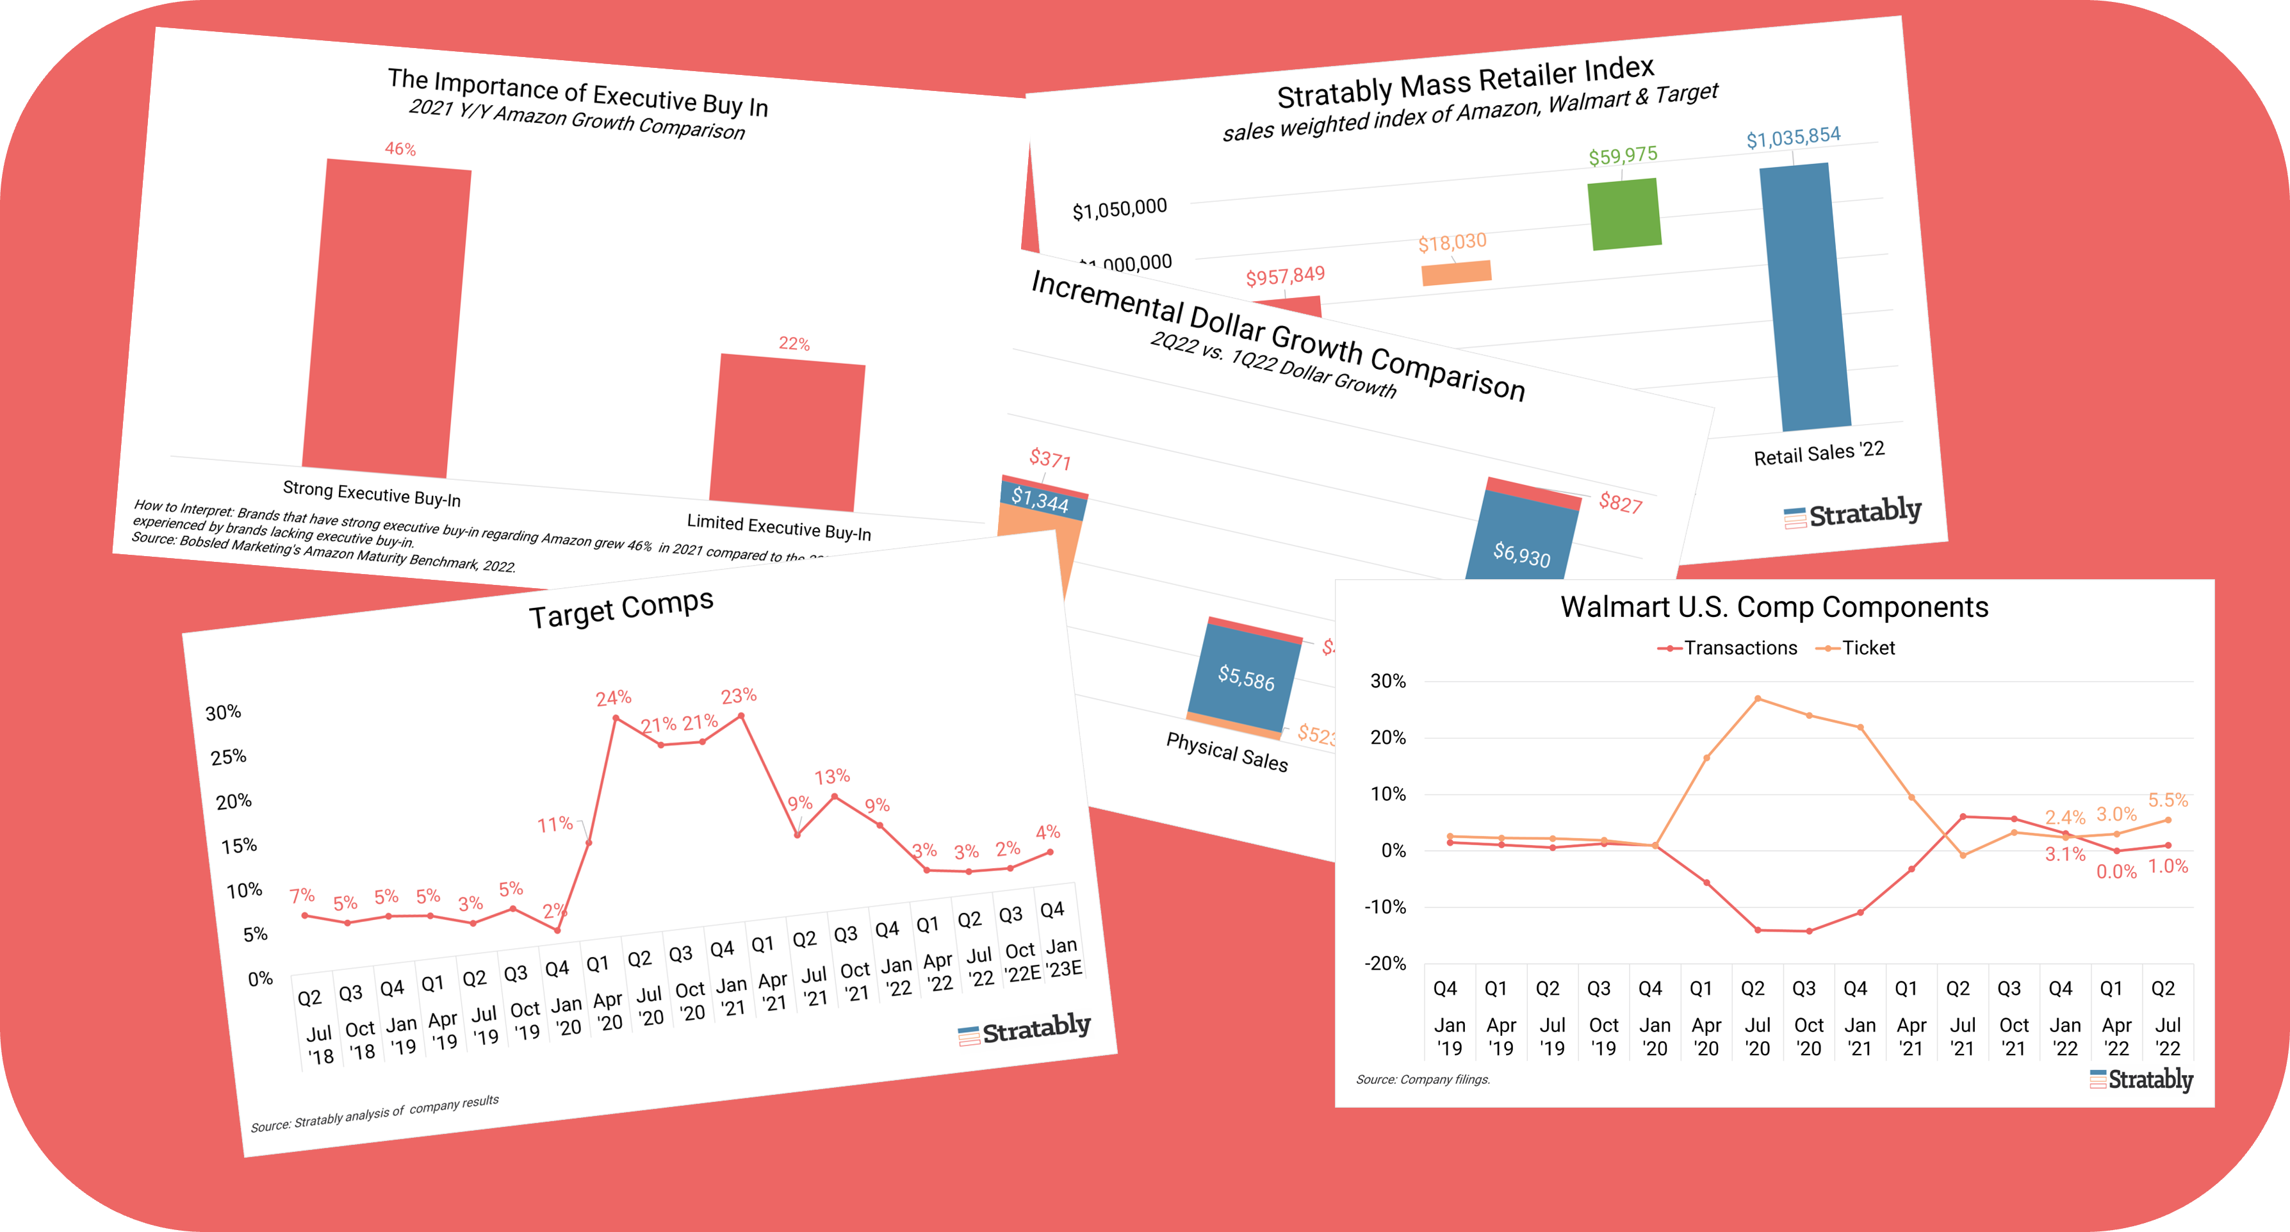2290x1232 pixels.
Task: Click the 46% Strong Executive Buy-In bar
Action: pos(387,316)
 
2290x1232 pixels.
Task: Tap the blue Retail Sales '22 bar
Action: pos(1804,296)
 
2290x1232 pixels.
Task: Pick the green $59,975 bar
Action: pos(1624,214)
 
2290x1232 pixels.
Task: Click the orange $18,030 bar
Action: pos(1456,273)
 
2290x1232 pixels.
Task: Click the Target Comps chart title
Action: pos(621,609)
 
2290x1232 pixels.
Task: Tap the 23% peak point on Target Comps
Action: pos(741,716)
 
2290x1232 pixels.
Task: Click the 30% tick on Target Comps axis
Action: pos(223,713)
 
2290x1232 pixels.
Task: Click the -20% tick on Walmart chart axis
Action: pos(1385,964)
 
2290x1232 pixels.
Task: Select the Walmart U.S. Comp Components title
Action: pos(1774,607)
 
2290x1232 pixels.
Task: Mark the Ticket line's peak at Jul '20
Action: pos(1758,699)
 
